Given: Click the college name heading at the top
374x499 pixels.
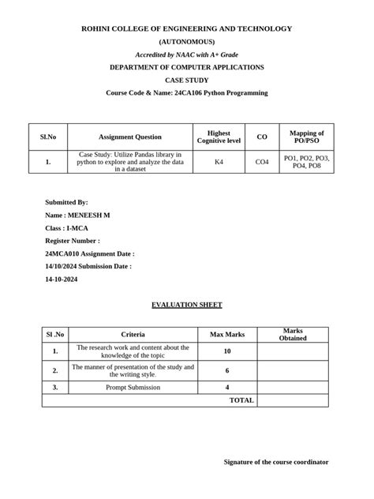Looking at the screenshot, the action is point(186,28).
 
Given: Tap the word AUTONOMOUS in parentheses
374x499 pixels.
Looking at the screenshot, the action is point(186,41).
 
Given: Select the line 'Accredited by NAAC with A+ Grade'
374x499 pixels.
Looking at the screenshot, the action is point(186,54).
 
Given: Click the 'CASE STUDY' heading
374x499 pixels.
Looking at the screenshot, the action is point(186,81).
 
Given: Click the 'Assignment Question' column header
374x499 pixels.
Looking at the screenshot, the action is point(130,137).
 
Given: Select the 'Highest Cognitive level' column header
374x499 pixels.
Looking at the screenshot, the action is point(219,137).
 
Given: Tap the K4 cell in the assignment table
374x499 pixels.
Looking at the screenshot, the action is point(219,162).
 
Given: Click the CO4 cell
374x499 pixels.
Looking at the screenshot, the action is point(262,162).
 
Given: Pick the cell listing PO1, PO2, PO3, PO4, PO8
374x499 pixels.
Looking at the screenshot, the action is point(307,162).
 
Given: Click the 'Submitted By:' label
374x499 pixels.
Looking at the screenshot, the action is point(67,203).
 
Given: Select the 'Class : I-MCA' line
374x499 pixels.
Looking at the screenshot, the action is point(66,228).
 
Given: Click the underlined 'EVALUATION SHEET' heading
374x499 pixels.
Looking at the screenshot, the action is point(186,305).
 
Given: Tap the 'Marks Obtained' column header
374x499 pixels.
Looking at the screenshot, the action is point(293,335).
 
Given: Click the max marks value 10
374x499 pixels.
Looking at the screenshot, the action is point(227,351).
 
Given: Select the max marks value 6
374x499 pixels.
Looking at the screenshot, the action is point(227,370).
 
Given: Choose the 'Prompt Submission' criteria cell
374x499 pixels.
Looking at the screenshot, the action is point(133,388).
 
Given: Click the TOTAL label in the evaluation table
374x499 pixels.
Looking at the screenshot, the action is point(241,400).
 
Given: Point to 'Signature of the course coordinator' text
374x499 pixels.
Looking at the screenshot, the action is point(276,462).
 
